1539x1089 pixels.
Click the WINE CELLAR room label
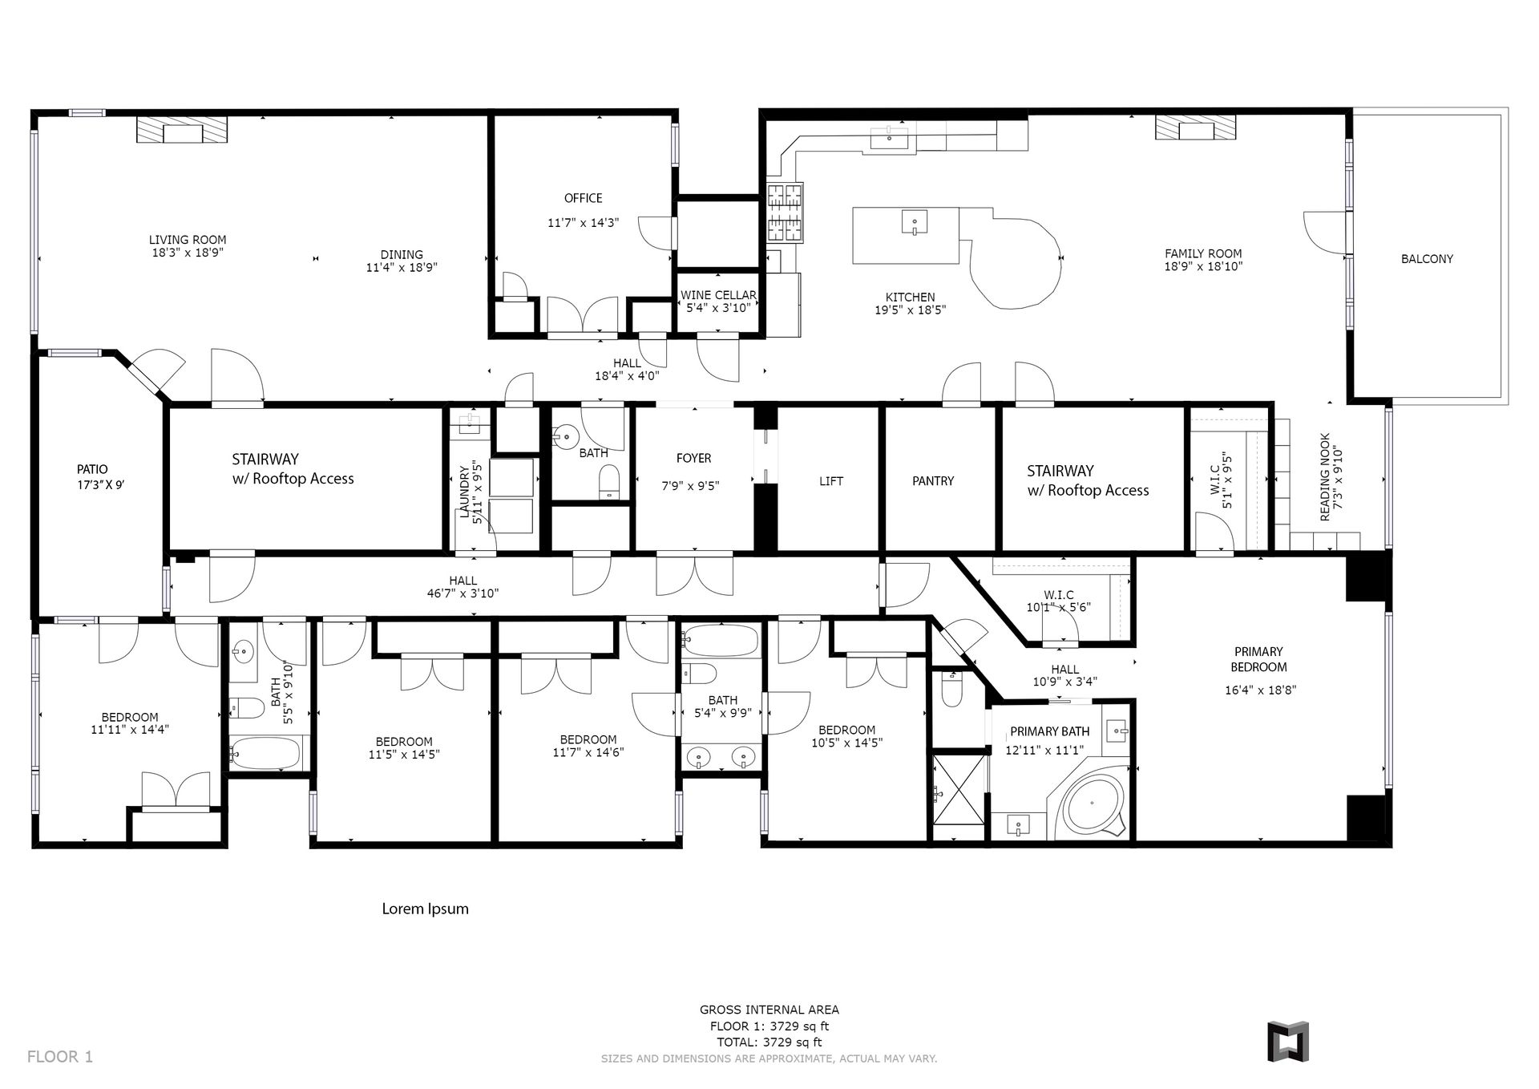(x=718, y=295)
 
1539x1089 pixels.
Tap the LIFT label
(x=831, y=481)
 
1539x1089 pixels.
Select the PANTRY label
(x=933, y=481)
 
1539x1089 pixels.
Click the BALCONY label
(x=1427, y=259)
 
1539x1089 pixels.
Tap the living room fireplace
(x=182, y=130)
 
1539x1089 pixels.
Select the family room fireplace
(x=1195, y=128)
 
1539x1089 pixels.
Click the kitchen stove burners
(x=786, y=213)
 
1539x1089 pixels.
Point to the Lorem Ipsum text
(x=425, y=909)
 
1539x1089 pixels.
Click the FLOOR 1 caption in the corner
(x=60, y=1057)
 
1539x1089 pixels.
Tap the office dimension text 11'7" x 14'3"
(x=584, y=223)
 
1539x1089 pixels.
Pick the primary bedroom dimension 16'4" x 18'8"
(x=1260, y=690)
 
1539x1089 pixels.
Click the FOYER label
(x=693, y=459)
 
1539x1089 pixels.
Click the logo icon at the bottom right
(x=1287, y=1041)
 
